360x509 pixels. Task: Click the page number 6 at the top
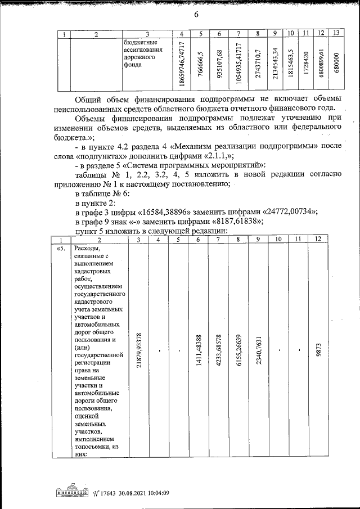click(196, 15)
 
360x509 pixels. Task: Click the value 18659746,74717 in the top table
click(182, 64)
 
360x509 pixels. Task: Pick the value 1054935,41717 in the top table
click(238, 64)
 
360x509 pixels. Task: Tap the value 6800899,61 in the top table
click(321, 64)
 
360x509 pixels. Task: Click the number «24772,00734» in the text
click(289, 211)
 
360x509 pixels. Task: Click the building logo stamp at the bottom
click(71, 491)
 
